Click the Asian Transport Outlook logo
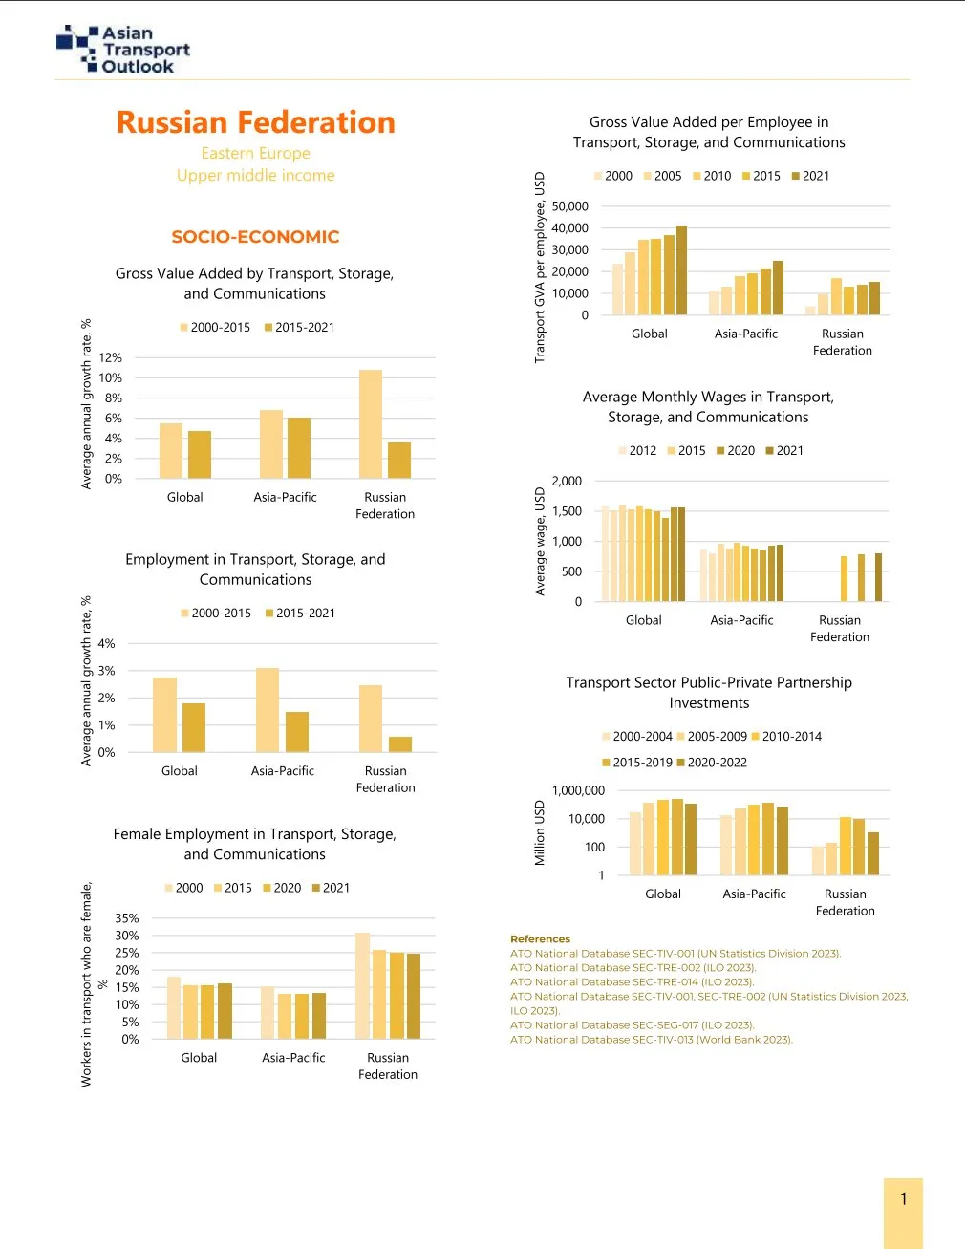point(123,50)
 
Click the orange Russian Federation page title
point(255,122)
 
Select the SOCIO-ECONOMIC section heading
point(255,237)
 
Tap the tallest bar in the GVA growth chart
point(371,423)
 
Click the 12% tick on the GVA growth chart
point(111,357)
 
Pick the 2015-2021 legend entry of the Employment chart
point(300,614)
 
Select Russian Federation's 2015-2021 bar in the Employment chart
point(400,744)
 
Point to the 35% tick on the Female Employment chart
point(127,918)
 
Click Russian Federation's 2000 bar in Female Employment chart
point(363,985)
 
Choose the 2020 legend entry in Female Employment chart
point(282,888)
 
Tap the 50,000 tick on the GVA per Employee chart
point(570,206)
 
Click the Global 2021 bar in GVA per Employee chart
point(681,270)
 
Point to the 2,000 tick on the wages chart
point(567,482)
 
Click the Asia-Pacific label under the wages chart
point(741,620)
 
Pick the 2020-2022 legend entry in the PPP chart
point(712,763)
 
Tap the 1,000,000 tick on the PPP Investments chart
point(578,791)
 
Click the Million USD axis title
point(540,833)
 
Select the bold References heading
point(540,939)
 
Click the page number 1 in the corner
point(903,1199)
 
